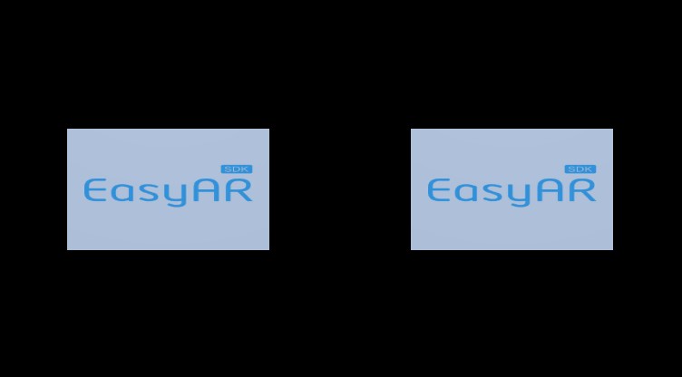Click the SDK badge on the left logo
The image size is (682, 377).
[x=236, y=169]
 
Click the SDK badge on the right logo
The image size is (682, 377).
[x=580, y=169]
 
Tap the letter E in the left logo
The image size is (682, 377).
[x=94, y=190]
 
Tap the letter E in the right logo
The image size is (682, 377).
[x=438, y=190]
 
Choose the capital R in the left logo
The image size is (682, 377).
[x=239, y=190]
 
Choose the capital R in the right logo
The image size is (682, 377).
[x=582, y=190]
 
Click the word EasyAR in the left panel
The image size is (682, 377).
[x=168, y=191]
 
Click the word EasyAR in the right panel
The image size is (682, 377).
[x=511, y=191]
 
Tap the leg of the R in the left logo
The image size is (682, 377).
[x=246, y=198]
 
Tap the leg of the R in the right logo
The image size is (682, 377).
[x=589, y=198]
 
